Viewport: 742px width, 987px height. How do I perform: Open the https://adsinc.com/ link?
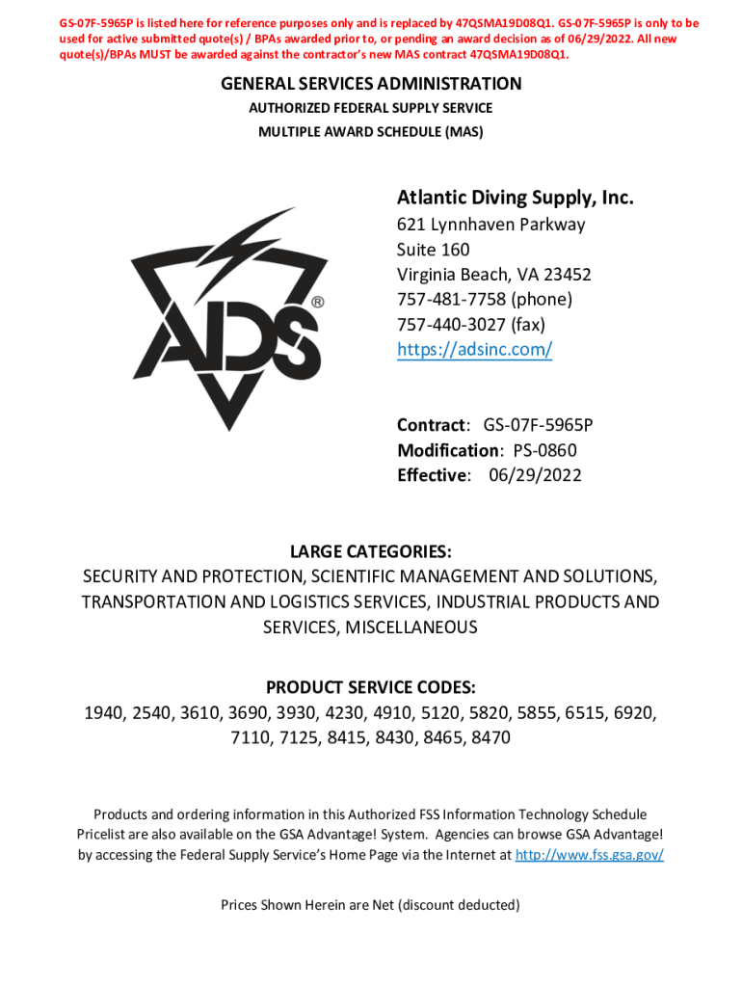[474, 350]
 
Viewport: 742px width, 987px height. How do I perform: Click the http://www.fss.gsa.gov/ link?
[590, 854]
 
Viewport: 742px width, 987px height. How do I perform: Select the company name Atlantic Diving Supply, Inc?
[515, 199]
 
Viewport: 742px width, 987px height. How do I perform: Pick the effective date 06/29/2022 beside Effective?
[535, 475]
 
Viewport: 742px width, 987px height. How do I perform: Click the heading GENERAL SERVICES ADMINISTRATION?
[371, 84]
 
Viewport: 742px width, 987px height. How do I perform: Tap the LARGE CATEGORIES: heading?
[371, 551]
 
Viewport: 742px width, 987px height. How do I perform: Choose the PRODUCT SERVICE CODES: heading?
[371, 688]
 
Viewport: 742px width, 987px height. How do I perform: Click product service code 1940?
[103, 713]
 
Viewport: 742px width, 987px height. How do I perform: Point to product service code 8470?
[490, 738]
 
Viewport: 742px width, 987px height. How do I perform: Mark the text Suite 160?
[434, 250]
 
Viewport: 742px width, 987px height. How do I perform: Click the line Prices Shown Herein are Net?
[371, 905]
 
